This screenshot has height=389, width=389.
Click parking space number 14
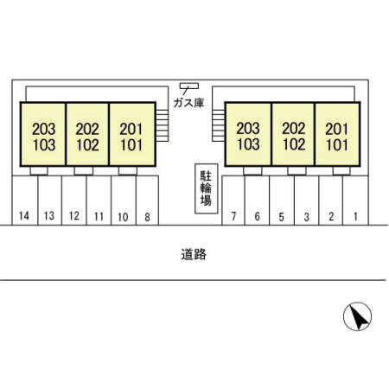25,201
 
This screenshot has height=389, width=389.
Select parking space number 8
147,201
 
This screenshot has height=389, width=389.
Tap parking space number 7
233,201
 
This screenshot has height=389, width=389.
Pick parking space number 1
356,201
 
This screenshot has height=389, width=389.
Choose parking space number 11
99,201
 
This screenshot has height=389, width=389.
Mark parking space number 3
307,201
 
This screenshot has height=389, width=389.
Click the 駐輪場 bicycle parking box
207,188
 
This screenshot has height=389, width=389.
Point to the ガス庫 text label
188,103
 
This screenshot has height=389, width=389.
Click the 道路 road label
194,254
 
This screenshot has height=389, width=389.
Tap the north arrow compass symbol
357,316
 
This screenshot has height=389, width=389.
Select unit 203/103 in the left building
43,134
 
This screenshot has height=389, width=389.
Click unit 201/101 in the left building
132,134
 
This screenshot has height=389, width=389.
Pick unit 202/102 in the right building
293,134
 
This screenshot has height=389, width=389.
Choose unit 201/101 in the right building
337,134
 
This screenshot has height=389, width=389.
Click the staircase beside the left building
163,125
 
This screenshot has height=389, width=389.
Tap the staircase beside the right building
219,125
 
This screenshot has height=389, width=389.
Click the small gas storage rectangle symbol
189,86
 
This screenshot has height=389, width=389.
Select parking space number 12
74,201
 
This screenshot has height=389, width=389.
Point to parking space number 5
282,201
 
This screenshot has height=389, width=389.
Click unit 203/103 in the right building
248,134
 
